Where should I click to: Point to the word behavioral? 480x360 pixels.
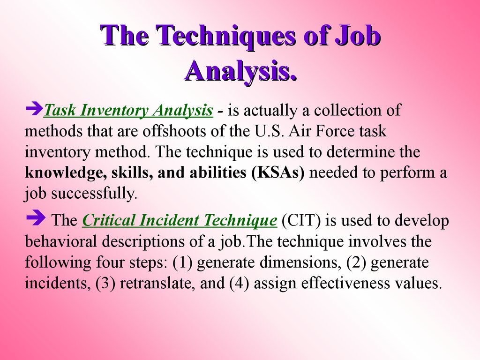pos(58,242)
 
